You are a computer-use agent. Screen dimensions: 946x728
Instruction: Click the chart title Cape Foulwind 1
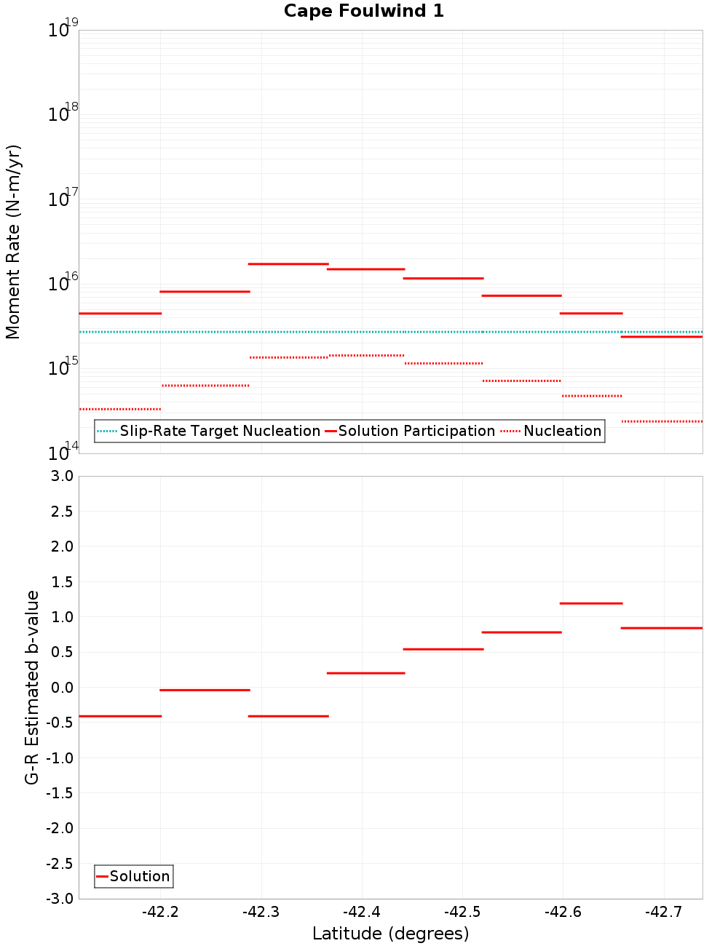point(363,11)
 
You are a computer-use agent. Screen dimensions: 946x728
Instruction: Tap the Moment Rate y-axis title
point(13,242)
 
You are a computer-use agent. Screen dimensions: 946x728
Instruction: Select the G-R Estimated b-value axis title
point(32,687)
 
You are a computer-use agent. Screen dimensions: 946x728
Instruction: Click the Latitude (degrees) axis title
point(390,934)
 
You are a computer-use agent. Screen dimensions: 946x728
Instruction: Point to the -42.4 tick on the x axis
point(362,912)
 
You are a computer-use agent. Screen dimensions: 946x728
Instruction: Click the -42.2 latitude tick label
point(160,912)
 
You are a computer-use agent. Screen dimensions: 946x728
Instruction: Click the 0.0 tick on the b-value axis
point(63,688)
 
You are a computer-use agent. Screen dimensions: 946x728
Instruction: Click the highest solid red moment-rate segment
point(288,263)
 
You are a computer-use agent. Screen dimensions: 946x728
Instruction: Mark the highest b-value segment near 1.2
point(590,603)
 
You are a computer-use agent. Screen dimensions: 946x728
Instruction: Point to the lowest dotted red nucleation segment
point(662,421)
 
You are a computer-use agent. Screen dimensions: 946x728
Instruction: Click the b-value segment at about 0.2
point(365,673)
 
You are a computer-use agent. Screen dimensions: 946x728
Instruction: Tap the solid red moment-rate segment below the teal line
point(662,337)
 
